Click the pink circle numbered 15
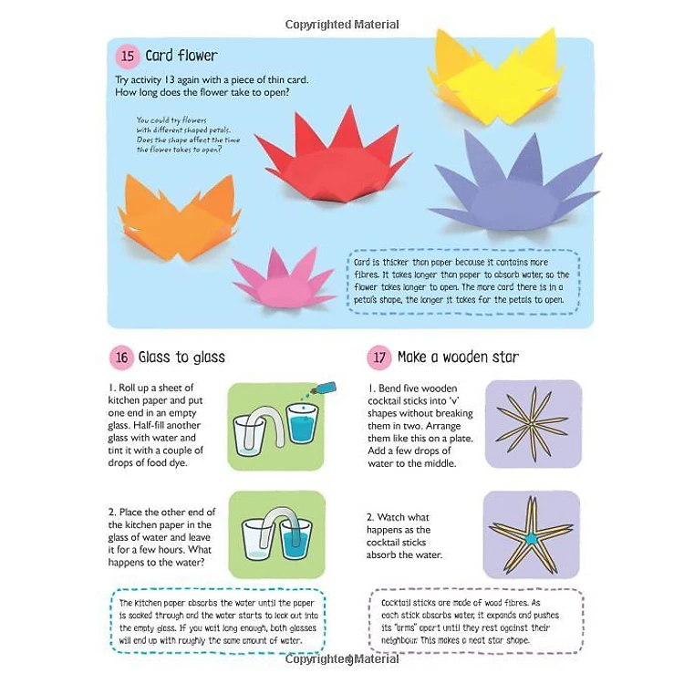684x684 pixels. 128,56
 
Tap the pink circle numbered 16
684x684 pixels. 121,358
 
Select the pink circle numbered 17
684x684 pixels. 379,358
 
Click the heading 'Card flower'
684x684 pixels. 181,56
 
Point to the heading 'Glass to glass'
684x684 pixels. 181,358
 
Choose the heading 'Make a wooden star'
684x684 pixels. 458,358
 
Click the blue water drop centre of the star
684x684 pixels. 531,539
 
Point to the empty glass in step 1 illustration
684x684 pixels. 249,435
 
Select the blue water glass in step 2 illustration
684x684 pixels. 295,540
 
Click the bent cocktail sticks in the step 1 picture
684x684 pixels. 533,424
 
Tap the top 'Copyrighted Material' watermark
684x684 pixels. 342,25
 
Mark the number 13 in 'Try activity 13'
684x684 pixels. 170,80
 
